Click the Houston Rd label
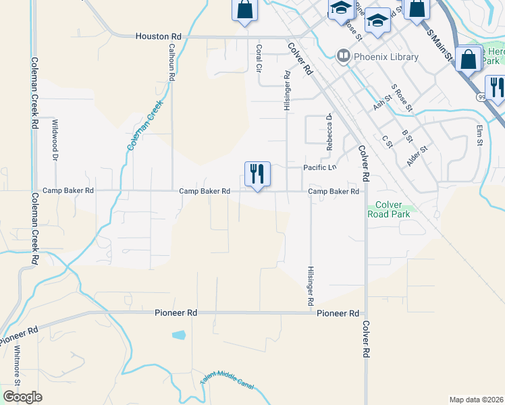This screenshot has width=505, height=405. [x=159, y=36]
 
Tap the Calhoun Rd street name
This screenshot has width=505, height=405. [x=171, y=63]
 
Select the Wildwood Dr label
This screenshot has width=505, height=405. [x=55, y=139]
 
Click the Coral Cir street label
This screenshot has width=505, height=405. [x=259, y=58]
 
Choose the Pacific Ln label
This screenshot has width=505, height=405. [x=319, y=167]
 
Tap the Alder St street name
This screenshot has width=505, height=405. [x=417, y=157]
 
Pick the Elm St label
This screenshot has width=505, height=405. [x=480, y=135]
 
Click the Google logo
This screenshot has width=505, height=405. [x=22, y=396]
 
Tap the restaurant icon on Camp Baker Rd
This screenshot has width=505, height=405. [x=257, y=174]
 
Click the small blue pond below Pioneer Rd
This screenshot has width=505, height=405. [x=179, y=335]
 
